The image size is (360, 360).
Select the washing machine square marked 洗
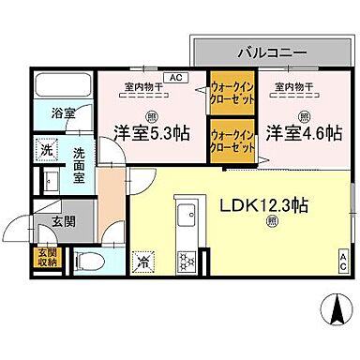click(46, 149)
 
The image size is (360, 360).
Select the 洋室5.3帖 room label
click(151, 134)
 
